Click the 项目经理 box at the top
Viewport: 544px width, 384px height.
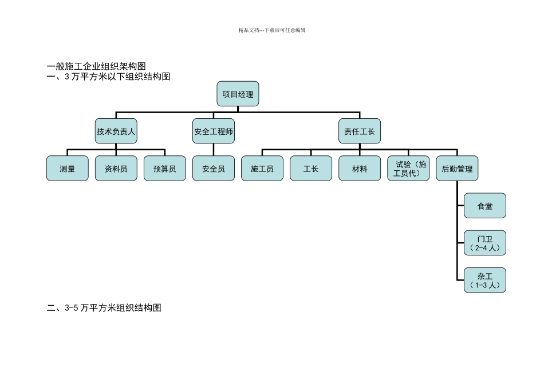click(x=238, y=94)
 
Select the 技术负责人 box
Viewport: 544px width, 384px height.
click(x=116, y=131)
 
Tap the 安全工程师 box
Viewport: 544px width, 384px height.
click(x=214, y=131)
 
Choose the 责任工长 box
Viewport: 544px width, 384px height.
click(x=360, y=131)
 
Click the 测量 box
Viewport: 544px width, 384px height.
click(x=68, y=169)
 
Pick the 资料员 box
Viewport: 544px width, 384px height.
click(x=116, y=169)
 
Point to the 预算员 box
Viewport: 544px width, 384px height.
click(x=165, y=169)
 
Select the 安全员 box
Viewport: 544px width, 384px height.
click(x=214, y=169)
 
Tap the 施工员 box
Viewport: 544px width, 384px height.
click(x=262, y=169)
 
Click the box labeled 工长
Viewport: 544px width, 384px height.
click(x=311, y=169)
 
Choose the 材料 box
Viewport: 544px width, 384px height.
click(x=360, y=169)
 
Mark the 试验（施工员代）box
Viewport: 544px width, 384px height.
click(x=408, y=169)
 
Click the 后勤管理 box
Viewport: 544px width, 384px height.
click(x=457, y=169)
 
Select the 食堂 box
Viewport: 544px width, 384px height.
click(x=485, y=206)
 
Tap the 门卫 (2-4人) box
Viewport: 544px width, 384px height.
click(x=485, y=243)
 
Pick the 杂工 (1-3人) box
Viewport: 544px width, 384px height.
click(x=485, y=280)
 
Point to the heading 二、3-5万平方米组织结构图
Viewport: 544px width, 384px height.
click(x=104, y=308)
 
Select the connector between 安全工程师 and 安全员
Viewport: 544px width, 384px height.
click(x=214, y=149)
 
